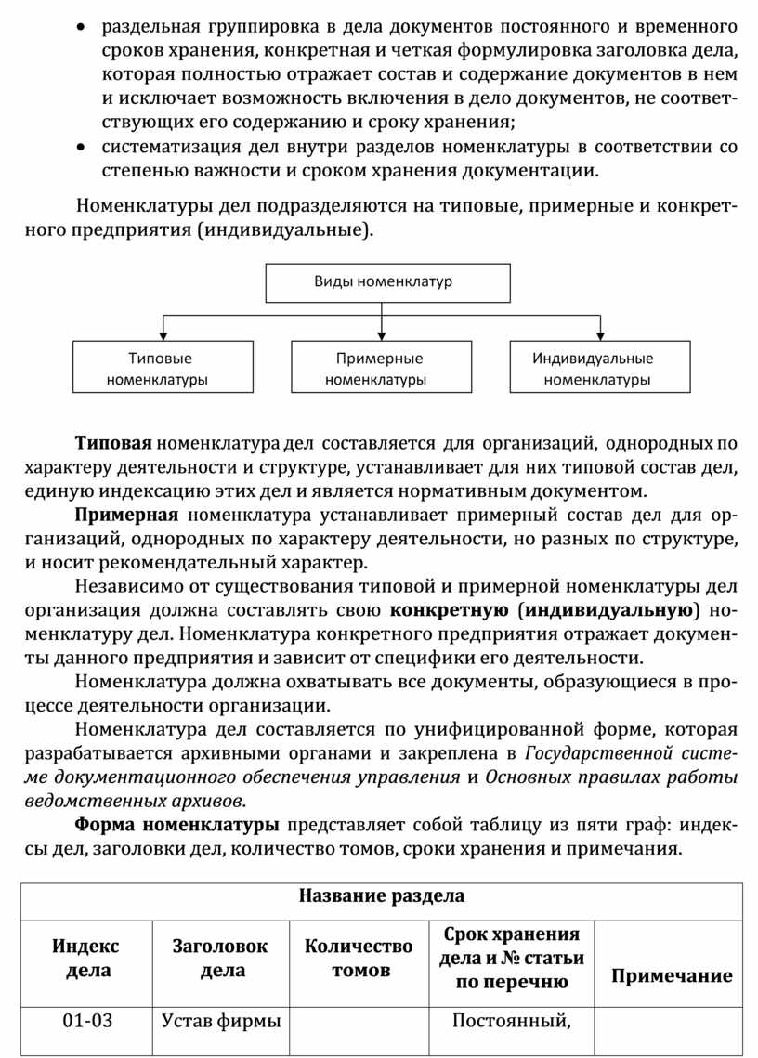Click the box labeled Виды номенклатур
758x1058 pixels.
(387, 282)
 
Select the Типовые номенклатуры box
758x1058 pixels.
(163, 368)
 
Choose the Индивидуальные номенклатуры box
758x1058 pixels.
(599, 368)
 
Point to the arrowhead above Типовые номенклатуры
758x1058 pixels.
(163, 336)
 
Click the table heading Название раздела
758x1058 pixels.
(381, 896)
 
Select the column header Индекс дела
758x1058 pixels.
(85, 959)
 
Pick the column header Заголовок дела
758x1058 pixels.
(221, 959)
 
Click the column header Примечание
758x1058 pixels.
(671, 975)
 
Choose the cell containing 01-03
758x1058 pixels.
(87, 1022)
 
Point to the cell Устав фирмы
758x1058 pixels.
(221, 1022)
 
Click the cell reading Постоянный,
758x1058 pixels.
(510, 1022)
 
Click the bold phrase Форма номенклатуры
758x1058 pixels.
(176, 825)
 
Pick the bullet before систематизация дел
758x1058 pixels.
(84, 148)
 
